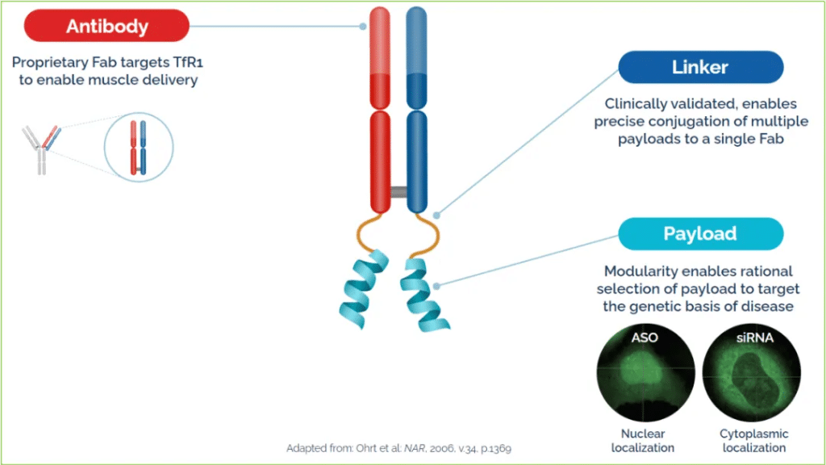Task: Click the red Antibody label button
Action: (107, 26)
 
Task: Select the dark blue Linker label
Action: (700, 67)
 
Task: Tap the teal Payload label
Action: (700, 234)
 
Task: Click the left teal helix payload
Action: (365, 287)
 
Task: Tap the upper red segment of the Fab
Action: (381, 57)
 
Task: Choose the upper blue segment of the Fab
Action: (416, 57)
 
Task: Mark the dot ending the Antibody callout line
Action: (363, 26)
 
